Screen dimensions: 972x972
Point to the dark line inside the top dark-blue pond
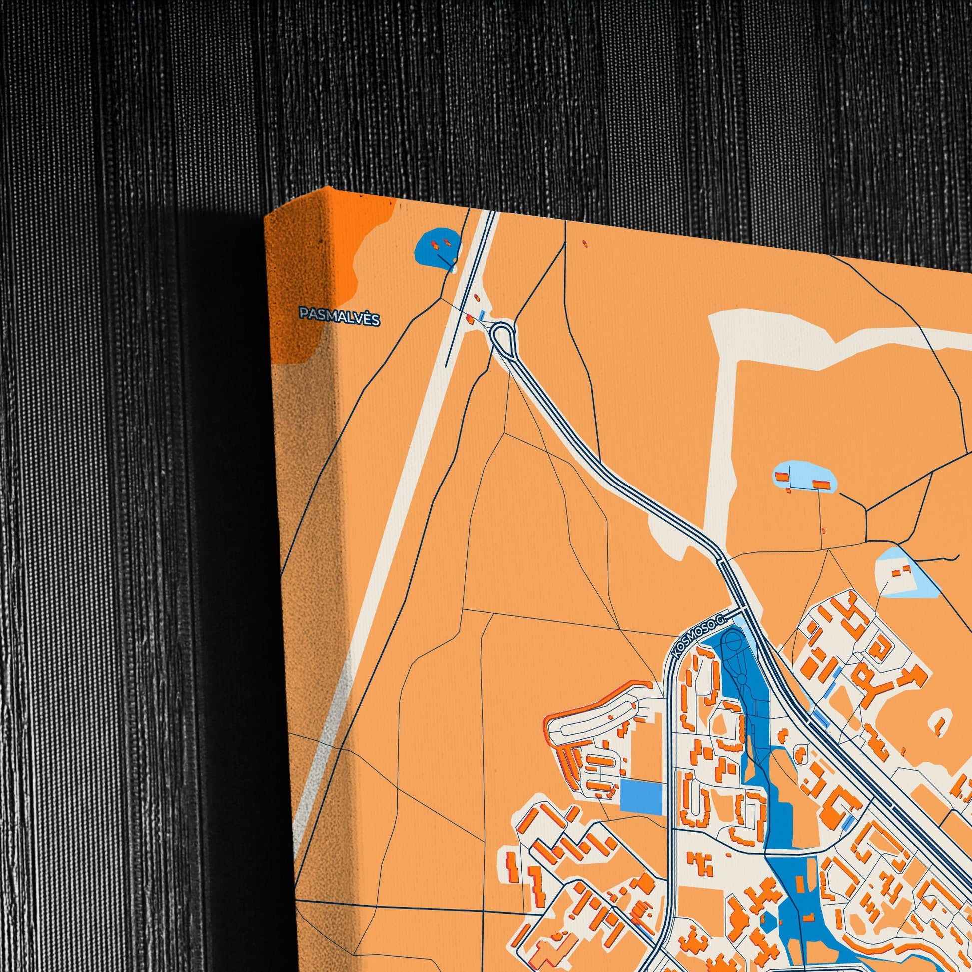tap(445, 260)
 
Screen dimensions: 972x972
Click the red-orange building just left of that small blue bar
tap(471, 317)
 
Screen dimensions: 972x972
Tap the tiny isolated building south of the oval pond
tap(823, 531)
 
